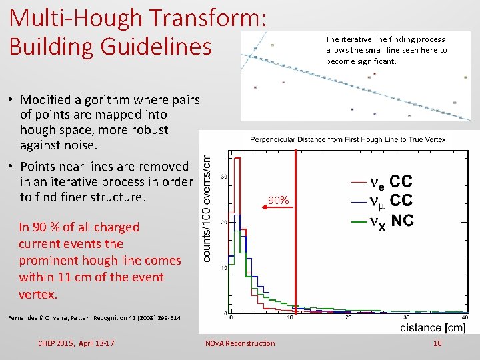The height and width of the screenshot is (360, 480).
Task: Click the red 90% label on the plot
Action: pyautogui.click(x=278, y=200)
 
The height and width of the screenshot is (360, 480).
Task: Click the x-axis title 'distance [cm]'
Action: pyautogui.click(x=433, y=327)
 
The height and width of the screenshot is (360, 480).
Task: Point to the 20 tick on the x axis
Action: pyautogui.click(x=348, y=318)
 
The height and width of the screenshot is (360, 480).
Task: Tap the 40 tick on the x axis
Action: pyautogui.click(x=465, y=318)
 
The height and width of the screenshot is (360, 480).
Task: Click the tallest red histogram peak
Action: pyautogui.click(x=237, y=160)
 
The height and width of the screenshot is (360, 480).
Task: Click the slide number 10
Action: pyautogui.click(x=437, y=343)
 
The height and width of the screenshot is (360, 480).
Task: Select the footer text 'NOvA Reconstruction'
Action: pyautogui.click(x=239, y=343)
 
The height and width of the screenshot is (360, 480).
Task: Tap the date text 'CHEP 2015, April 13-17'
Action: pyautogui.click(x=77, y=343)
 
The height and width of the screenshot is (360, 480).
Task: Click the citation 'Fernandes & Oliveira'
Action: pyautogui.click(x=40, y=318)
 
